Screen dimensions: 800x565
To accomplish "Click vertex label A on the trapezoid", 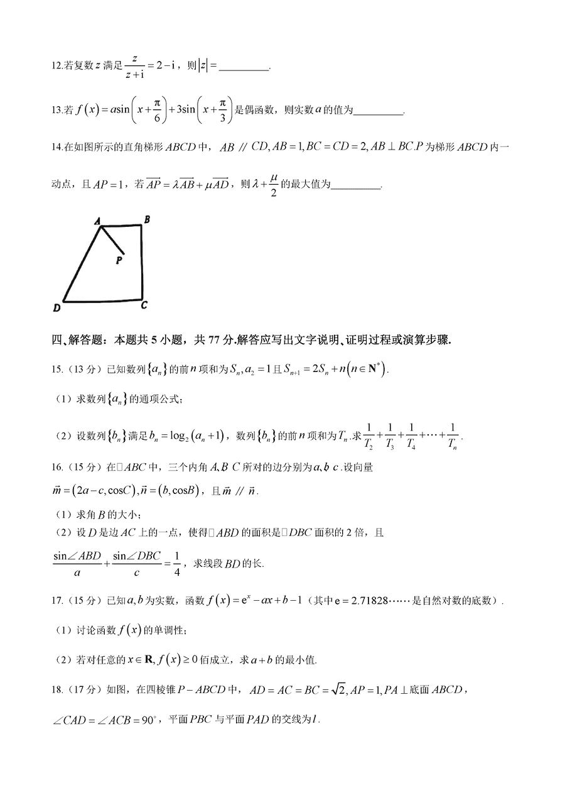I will [x=98, y=221].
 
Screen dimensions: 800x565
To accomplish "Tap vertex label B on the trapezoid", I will [x=146, y=219].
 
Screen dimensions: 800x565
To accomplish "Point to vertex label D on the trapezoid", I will [x=56, y=308].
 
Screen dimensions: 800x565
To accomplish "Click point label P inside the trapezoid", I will [x=119, y=258].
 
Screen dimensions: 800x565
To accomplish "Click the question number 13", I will [x=56, y=111].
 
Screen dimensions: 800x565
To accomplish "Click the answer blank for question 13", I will [x=378, y=111].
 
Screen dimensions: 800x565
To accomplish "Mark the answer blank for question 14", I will [x=355, y=185].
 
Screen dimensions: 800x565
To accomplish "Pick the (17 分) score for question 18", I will [x=73, y=689].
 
